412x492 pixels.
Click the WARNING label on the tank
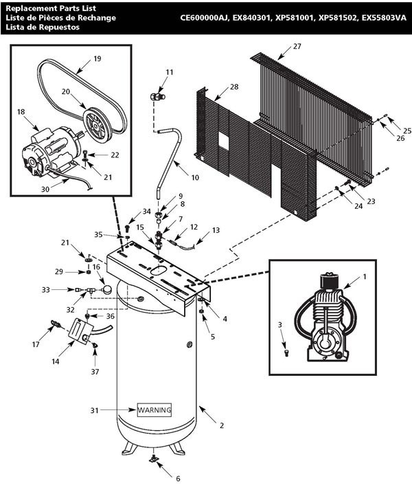pyautogui.click(x=154, y=410)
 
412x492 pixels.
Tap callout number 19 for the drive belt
pyautogui.click(x=98, y=58)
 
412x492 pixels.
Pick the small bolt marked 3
pyautogui.click(x=286, y=353)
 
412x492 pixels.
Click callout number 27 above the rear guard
pyautogui.click(x=297, y=46)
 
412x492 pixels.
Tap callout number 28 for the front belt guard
pyautogui.click(x=234, y=87)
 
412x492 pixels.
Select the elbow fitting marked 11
pyautogui.click(x=157, y=96)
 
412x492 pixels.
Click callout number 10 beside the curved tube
pyautogui.click(x=195, y=177)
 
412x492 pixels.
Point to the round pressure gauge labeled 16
pyautogui.click(x=107, y=289)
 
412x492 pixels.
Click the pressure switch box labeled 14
pyautogui.click(x=80, y=331)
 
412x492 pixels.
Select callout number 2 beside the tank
pyautogui.click(x=222, y=425)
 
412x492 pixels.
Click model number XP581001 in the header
pyautogui.click(x=295, y=18)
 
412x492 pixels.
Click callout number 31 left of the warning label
pyautogui.click(x=94, y=410)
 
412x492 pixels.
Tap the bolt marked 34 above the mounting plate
pyautogui.click(x=127, y=228)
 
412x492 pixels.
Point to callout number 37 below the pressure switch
pyautogui.click(x=95, y=372)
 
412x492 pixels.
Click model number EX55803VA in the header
pyautogui.click(x=384, y=18)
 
